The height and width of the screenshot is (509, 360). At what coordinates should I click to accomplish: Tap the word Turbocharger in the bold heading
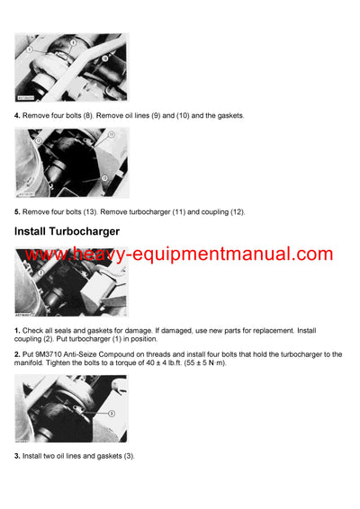click(98, 232)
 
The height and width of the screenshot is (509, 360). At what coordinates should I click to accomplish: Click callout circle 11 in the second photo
click(111, 134)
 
